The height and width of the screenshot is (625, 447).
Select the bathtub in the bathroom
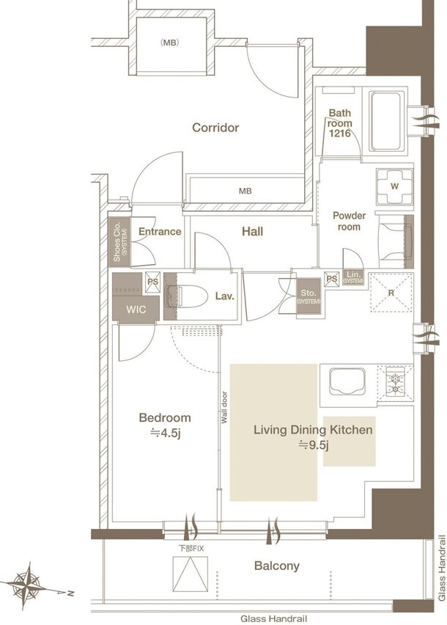385,121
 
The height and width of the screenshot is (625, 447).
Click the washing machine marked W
394,186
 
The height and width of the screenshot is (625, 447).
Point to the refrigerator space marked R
391,293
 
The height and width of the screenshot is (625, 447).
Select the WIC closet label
136,310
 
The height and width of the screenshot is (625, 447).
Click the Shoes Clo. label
119,242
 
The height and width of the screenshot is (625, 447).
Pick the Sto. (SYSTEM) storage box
309,296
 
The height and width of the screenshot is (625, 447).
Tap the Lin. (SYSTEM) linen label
353,278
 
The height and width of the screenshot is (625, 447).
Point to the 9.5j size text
314,445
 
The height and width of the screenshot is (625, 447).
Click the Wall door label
224,407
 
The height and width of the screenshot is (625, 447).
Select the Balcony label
277,566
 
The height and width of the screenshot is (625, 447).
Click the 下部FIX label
191,549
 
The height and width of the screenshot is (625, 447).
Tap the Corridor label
215,128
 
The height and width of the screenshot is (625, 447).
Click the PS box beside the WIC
152,282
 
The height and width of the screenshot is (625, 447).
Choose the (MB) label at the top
169,43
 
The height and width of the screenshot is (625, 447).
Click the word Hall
252,232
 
